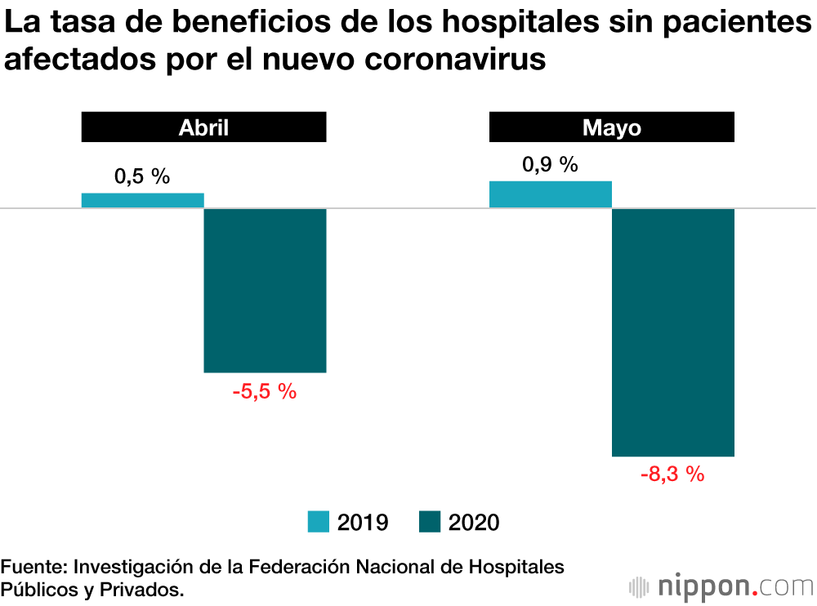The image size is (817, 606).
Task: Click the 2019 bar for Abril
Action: [142, 200]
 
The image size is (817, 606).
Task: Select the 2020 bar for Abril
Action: [265, 291]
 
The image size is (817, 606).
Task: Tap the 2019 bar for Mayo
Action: [550, 194]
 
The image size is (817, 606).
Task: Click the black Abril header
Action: [203, 128]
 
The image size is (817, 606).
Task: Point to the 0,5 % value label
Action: [142, 176]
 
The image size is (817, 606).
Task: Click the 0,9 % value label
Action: [550, 164]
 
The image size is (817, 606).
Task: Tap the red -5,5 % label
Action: [264, 392]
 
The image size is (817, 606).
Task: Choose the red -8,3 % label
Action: [672, 475]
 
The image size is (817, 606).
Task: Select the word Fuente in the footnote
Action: [33, 567]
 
